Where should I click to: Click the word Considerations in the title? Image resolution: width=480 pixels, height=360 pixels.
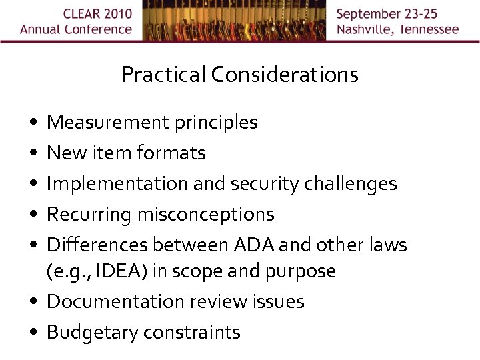pyautogui.click(x=285, y=75)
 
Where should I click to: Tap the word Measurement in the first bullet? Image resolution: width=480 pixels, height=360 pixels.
pyautogui.click(x=108, y=123)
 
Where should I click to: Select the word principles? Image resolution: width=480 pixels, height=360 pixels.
pyautogui.click(x=216, y=123)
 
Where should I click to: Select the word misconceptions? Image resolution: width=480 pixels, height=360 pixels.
pyautogui.click(x=206, y=215)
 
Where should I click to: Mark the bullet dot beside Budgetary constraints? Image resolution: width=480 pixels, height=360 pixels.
pyautogui.click(x=33, y=333)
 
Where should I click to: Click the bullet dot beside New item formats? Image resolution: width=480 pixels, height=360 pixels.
pyautogui.click(x=33, y=154)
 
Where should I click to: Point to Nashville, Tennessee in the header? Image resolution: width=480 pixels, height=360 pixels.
pyautogui.click(x=397, y=29)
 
